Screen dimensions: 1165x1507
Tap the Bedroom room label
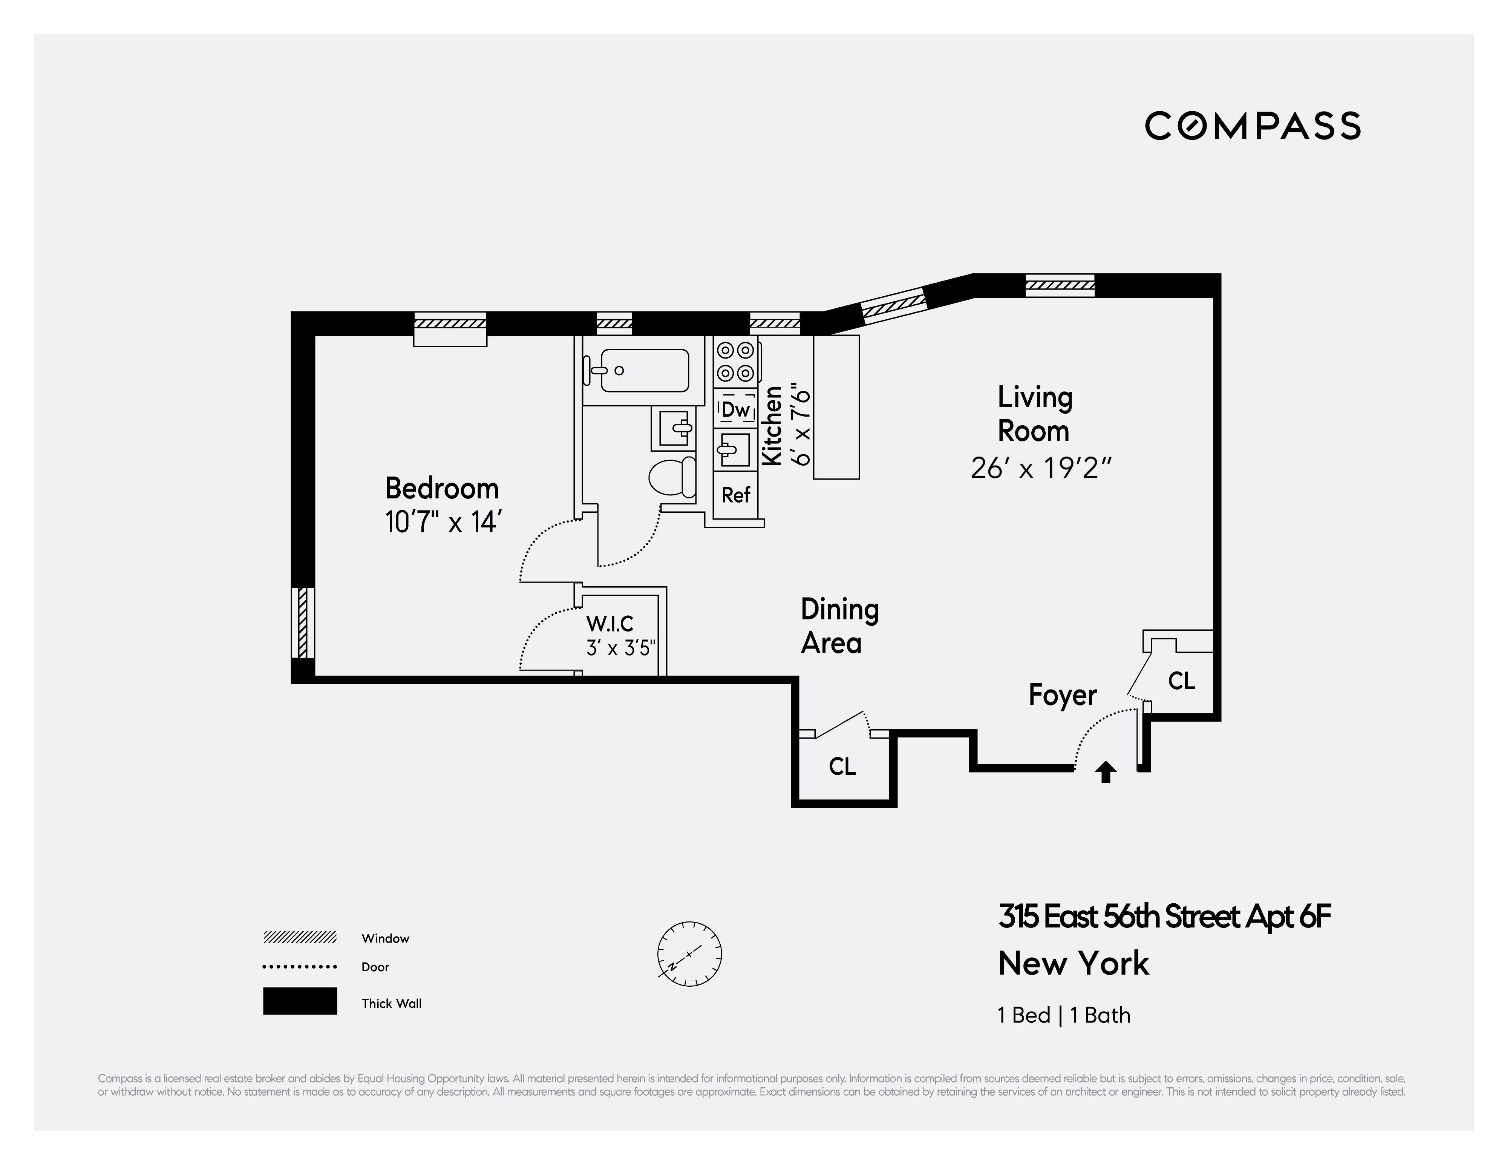click(442, 489)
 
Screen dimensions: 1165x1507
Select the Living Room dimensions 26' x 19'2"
click(1041, 469)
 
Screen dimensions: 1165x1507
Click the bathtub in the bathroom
click(636, 371)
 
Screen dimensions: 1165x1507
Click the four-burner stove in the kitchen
click(735, 362)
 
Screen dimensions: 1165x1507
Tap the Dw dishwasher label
click(735, 410)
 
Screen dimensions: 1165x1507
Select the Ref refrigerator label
click(735, 495)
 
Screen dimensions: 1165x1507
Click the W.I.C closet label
click(609, 624)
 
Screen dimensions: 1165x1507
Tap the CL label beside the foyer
click(1181, 681)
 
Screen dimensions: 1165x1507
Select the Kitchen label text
click(772, 426)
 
